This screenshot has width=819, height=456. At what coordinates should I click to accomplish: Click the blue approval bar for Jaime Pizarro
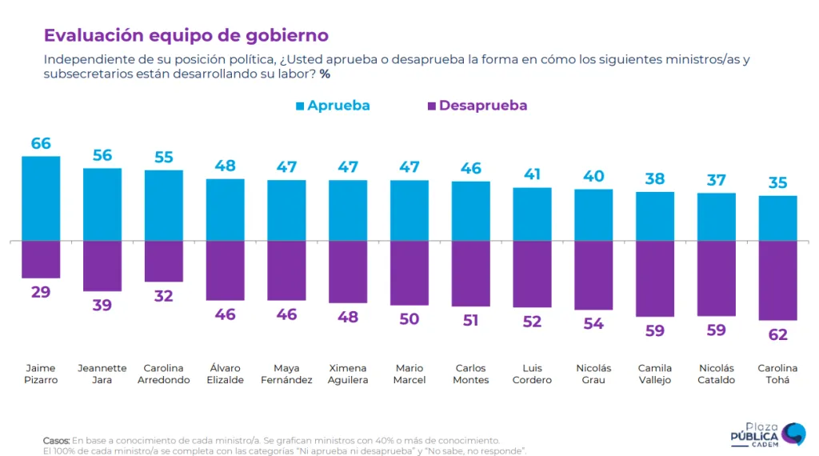coord(41,198)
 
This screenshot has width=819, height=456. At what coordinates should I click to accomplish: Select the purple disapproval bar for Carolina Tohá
coord(777,280)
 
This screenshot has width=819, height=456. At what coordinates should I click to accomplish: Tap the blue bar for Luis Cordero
coord(532,214)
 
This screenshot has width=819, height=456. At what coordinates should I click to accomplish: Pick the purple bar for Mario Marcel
coord(409,273)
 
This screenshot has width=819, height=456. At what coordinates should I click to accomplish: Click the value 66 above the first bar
coord(41,144)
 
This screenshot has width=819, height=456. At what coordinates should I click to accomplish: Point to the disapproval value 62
coord(777,334)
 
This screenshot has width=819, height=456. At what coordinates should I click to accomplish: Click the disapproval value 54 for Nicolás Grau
coord(593,323)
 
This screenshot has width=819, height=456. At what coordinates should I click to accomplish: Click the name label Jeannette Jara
coord(102,374)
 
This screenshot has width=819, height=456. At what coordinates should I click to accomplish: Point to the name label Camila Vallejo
coord(655,374)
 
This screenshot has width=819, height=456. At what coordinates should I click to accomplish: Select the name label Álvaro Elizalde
coord(225,374)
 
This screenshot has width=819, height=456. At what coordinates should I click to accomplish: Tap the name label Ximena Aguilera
coord(348,374)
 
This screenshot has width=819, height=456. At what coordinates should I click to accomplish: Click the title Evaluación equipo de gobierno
coord(186,36)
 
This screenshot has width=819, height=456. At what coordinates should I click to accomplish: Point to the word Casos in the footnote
coord(56,441)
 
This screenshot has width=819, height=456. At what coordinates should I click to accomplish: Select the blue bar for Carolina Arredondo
coord(164,206)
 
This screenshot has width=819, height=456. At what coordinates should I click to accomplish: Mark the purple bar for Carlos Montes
coord(470,274)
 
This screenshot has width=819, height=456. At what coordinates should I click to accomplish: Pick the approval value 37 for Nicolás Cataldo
coord(716,181)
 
